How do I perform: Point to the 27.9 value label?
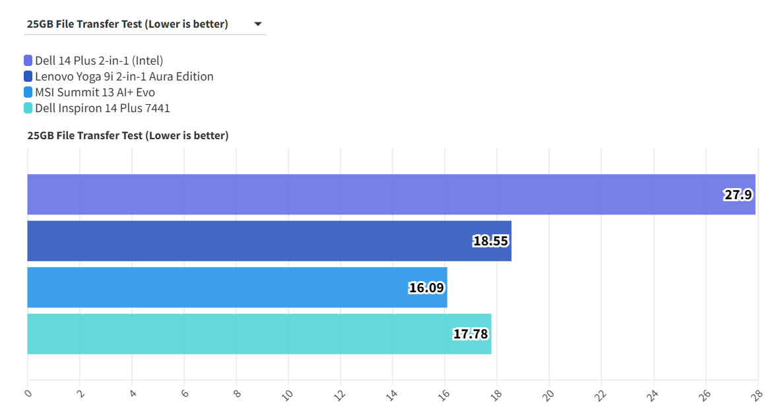pyautogui.click(x=738, y=195)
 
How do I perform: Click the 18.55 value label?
pyautogui.click(x=490, y=241)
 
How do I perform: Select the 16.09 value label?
pyautogui.click(x=426, y=288)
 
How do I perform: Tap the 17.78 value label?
pyautogui.click(x=471, y=334)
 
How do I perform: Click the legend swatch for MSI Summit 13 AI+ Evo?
pyautogui.click(x=28, y=92)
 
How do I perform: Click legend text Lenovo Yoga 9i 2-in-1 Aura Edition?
pyautogui.click(x=124, y=77)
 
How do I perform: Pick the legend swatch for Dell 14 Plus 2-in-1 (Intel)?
pyautogui.click(x=28, y=61)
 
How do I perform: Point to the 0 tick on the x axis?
pyautogui.click(x=28, y=393)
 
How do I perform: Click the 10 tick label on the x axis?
pyautogui.click(x=287, y=395)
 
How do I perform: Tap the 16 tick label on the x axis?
pyautogui.click(x=444, y=395)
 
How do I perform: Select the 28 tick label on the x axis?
pyautogui.click(x=757, y=395)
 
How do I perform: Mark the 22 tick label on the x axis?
pyautogui.click(x=601, y=395)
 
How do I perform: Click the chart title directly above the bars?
pyautogui.click(x=128, y=135)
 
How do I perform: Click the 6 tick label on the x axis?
pyautogui.click(x=184, y=393)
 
